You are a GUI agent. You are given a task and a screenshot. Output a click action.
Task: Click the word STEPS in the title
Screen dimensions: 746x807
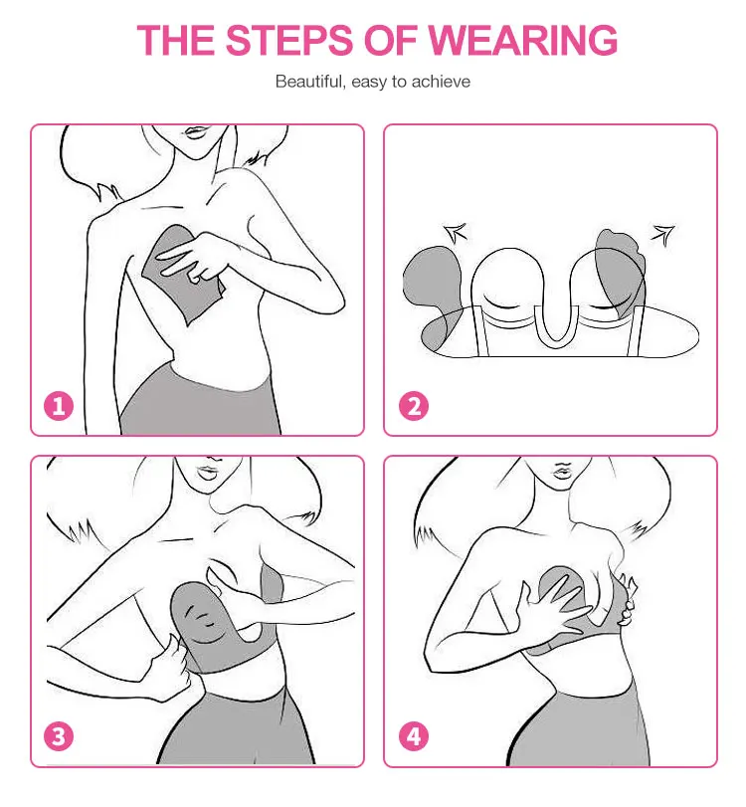tap(289, 40)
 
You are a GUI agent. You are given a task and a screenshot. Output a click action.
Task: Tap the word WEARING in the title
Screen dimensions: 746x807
tap(523, 40)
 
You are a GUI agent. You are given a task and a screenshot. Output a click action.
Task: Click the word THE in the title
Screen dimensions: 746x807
tap(175, 40)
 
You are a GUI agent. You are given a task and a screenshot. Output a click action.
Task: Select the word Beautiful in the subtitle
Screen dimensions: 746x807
tap(310, 82)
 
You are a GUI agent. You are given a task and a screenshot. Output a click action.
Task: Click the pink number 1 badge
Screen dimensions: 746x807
tap(59, 406)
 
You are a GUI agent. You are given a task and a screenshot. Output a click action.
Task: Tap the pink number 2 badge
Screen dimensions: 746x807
tap(414, 406)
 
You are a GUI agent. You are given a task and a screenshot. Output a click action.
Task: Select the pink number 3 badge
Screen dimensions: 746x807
tap(59, 736)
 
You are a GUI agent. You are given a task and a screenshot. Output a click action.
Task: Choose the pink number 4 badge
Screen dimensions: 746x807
tap(414, 736)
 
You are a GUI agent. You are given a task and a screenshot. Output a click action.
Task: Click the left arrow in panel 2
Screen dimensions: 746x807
tap(456, 233)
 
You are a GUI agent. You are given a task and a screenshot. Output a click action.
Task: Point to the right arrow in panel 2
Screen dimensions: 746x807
tap(662, 235)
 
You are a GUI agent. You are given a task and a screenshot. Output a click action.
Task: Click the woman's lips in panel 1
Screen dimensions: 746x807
tap(196, 131)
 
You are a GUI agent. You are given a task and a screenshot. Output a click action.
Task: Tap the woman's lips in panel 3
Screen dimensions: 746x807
tap(208, 472)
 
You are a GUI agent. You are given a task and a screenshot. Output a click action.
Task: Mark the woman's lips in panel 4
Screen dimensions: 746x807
tap(562, 471)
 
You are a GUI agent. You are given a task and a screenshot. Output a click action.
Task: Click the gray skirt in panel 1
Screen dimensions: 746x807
tap(200, 401)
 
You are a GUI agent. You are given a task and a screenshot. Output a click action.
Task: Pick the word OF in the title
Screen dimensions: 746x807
tap(391, 40)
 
